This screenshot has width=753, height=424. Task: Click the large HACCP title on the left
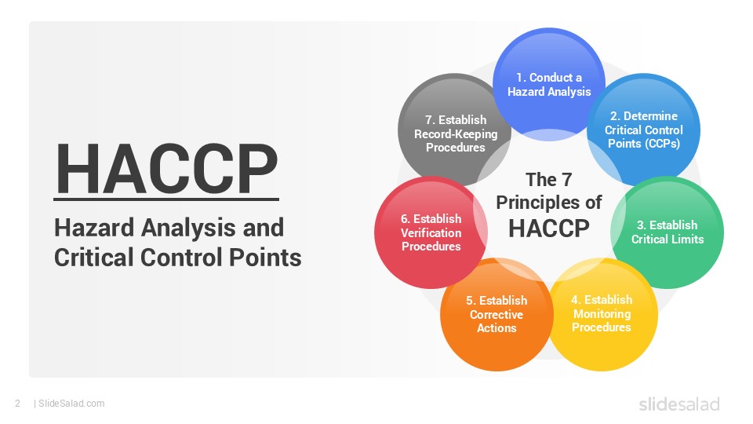(166, 168)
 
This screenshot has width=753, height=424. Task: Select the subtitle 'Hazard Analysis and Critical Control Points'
(177, 243)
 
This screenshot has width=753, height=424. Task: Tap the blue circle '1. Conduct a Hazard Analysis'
(548, 85)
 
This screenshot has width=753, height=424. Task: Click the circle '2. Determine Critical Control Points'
(644, 130)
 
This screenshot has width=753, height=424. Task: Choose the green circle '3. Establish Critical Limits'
(668, 232)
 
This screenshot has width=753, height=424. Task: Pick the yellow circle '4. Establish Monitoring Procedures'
(602, 313)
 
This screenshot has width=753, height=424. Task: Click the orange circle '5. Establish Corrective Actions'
(497, 314)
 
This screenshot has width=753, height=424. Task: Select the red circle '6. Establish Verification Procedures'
(431, 232)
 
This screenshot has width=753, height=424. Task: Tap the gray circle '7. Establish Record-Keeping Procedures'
(455, 133)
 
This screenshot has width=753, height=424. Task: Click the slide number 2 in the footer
(17, 404)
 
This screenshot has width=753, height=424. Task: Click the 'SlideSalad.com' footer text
(71, 404)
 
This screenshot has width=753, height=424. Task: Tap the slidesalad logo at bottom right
(678, 404)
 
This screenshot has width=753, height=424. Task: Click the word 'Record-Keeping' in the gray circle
(456, 133)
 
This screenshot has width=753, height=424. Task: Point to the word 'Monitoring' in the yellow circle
(602, 313)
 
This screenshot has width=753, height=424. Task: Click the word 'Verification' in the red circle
(431, 232)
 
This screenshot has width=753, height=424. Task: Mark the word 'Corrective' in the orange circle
(497, 314)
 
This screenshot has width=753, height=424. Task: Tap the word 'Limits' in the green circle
(687, 239)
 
